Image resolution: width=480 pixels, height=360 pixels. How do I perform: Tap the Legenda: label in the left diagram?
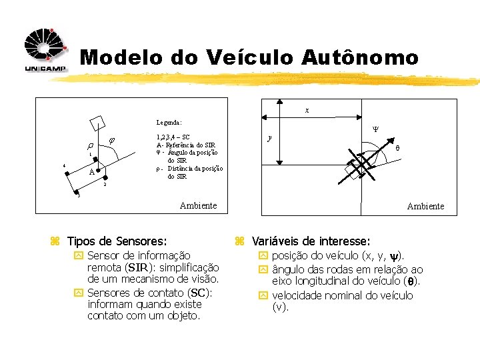[x=169, y=123]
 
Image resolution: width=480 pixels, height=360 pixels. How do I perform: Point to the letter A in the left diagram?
[x=91, y=172]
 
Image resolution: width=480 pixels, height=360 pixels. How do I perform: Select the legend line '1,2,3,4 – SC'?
[x=173, y=137]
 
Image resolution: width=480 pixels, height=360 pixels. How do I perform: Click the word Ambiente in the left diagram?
[x=198, y=205]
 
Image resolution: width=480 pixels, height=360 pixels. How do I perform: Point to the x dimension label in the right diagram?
[x=307, y=110]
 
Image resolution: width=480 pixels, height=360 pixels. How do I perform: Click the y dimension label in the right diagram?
[x=269, y=138]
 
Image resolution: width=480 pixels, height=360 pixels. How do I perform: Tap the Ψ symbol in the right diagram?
[x=375, y=131]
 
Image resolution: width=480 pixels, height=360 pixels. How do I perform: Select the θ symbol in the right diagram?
[x=398, y=149]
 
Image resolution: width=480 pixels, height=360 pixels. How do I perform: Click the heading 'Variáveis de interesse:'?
[x=311, y=241]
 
